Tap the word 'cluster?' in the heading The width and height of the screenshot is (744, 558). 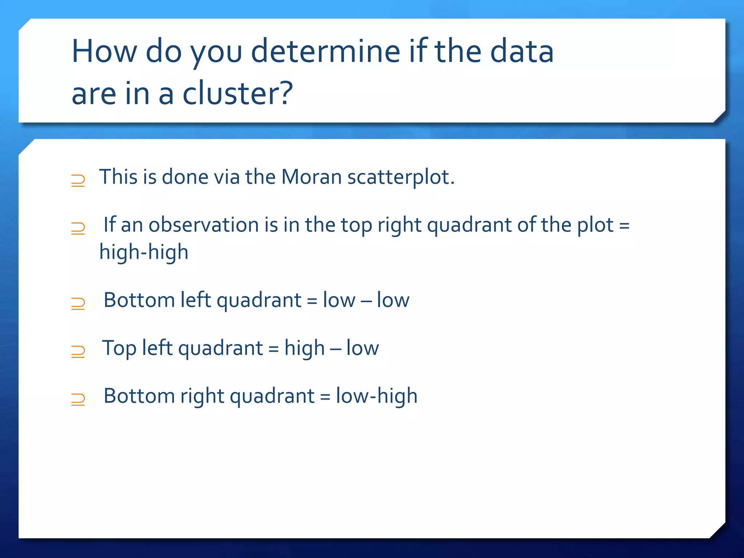coord(237,94)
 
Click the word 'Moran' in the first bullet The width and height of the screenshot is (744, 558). coord(311,177)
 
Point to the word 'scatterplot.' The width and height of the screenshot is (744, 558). coord(401,177)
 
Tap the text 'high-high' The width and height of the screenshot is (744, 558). coord(144,252)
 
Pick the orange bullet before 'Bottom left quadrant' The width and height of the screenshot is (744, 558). coord(78,303)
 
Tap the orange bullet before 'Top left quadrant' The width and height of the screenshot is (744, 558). coord(78,351)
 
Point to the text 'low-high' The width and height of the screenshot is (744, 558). coord(376,396)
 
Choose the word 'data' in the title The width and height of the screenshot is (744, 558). coord(522,52)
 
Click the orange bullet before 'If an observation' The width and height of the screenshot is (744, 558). coord(78,228)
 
